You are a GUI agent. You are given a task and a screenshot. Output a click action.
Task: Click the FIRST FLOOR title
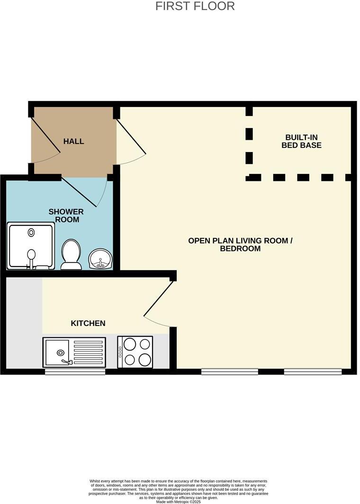195,6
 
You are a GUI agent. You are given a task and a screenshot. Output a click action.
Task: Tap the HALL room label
73,141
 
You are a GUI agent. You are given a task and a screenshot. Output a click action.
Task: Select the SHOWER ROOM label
66,216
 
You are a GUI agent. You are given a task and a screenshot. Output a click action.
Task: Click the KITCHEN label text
88,324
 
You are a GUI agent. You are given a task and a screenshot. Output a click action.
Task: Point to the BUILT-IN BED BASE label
301,141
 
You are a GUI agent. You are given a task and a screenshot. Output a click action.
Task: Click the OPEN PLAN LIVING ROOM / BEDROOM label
240,244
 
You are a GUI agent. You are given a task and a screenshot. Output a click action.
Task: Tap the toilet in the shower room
71,254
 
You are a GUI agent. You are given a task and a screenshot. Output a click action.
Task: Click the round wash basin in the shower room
100,259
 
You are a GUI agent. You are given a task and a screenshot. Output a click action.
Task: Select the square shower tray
31,246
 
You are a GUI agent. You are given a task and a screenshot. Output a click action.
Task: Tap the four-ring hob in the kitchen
135,352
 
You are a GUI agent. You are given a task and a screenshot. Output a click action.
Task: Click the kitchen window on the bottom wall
75,372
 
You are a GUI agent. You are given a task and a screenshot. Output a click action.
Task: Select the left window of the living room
229,372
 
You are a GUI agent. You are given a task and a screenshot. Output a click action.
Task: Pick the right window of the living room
313,372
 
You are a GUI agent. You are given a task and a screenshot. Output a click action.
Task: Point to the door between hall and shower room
84,191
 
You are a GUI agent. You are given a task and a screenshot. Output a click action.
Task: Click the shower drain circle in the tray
31,232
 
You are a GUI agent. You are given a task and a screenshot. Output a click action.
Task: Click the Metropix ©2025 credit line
178,502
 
